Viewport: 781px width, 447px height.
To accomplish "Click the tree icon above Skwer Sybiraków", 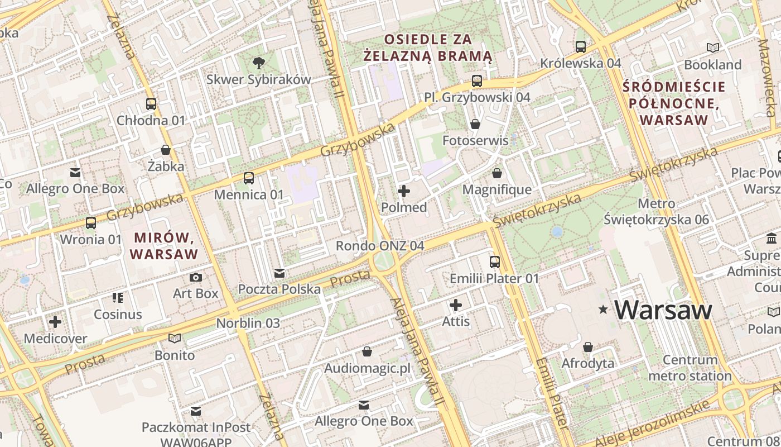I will [x=258, y=63].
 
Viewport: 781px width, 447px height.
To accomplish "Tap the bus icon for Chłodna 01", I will [x=151, y=103].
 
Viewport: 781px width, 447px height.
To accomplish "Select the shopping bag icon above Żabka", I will [x=166, y=150].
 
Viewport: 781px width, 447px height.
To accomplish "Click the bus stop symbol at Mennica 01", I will [x=249, y=178].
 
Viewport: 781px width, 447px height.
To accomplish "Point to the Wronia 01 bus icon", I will [x=90, y=223].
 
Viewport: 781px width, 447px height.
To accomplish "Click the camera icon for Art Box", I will [x=195, y=277].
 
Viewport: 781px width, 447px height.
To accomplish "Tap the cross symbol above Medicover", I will [x=55, y=322].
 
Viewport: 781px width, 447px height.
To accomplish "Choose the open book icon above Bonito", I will [x=175, y=338].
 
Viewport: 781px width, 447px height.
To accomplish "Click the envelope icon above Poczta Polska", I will [x=279, y=273].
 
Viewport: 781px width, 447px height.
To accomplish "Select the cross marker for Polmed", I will [x=403, y=191].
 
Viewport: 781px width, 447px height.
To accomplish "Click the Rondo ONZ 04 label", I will [x=379, y=246].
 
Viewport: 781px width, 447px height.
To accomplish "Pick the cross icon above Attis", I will [x=456, y=305].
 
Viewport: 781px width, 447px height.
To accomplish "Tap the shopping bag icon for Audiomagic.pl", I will [x=367, y=351].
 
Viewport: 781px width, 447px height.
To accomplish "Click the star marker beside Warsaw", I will [x=603, y=310].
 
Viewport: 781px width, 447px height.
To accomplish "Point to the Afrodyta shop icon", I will [x=587, y=347].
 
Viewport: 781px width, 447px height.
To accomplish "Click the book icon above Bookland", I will [x=712, y=47].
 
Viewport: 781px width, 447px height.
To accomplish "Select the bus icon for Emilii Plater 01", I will [x=494, y=261].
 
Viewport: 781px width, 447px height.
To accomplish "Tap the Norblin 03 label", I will [x=248, y=323].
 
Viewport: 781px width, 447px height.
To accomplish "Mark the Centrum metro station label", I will [x=690, y=368].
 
